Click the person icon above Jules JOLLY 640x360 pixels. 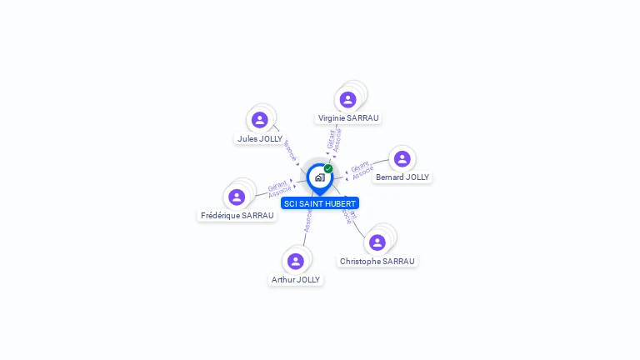[260, 120]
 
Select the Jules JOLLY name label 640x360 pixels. [260, 139]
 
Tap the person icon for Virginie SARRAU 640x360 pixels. [348, 100]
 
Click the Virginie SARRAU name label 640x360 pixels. [348, 118]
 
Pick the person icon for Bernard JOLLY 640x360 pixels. [402, 158]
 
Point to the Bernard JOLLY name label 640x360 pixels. [402, 177]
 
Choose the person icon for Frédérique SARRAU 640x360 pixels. [237, 197]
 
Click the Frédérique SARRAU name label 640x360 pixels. [237, 216]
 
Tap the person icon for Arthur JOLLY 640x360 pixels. [295, 261]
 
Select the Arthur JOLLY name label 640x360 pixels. [296, 280]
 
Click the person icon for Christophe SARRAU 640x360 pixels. [377, 242]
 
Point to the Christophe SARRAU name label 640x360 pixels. [377, 262]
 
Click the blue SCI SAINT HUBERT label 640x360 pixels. [320, 203]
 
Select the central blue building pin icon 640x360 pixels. [319, 177]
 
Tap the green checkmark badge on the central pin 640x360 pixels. [328, 169]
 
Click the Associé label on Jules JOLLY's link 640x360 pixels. [289, 151]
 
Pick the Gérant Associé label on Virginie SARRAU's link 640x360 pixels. [333, 139]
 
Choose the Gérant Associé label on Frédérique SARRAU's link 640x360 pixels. [279, 189]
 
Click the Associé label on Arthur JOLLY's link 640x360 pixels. [307, 221]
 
